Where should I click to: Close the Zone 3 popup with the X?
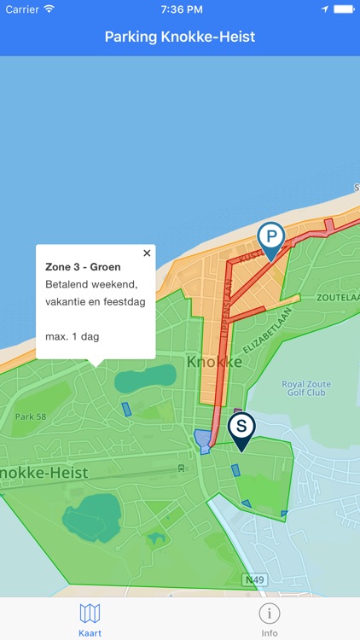click(147, 253)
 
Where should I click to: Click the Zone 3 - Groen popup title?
click(83, 267)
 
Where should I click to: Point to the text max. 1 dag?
click(72, 336)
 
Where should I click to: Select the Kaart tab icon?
click(90, 614)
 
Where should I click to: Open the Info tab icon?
click(270, 614)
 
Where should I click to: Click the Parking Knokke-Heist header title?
click(180, 37)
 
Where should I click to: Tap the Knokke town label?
click(214, 362)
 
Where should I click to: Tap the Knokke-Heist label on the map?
click(43, 472)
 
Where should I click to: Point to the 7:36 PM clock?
click(180, 9)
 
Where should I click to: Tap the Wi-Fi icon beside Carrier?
click(49, 9)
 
